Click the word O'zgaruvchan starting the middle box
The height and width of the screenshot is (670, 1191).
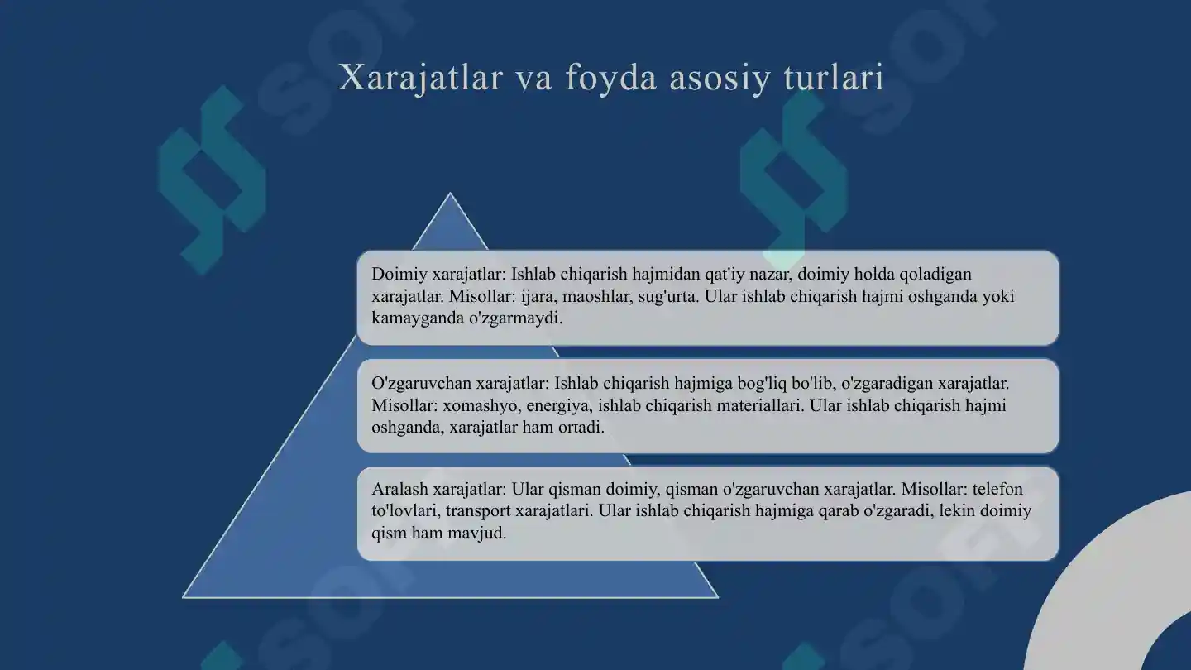click(x=421, y=384)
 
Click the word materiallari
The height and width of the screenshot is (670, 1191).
click(x=758, y=406)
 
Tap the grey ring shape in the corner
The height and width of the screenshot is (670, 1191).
click(x=1075, y=596)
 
